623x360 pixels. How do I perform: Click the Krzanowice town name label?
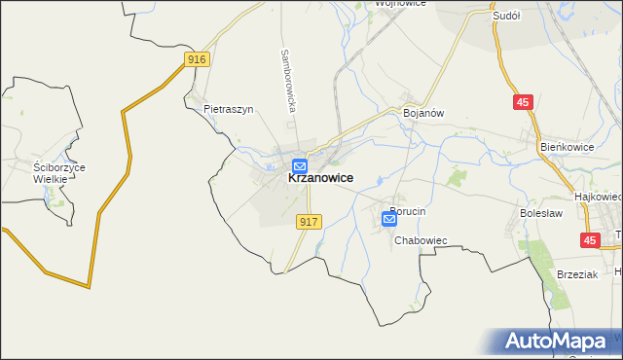320,179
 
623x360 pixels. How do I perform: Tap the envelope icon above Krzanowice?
300,165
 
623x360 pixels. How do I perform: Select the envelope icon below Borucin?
389,221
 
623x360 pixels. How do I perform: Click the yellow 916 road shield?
197,60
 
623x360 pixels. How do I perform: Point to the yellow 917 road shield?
308,222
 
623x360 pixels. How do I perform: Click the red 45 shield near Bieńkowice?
524,101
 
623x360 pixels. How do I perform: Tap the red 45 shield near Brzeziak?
590,239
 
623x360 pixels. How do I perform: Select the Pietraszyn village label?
229,110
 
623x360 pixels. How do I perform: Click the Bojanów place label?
423,113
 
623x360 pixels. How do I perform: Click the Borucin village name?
408,211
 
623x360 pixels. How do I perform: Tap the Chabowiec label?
420,240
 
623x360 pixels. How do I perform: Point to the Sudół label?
507,17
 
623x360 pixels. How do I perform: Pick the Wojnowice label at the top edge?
393,4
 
